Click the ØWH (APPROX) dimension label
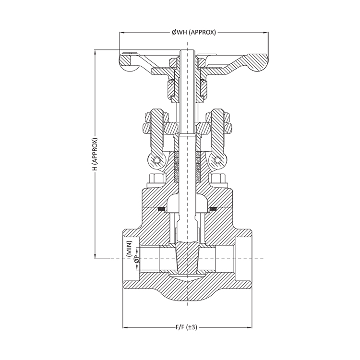pyautogui.click(x=194, y=32)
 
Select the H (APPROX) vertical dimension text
pyautogui.click(x=95, y=155)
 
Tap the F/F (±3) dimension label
pyautogui.click(x=186, y=328)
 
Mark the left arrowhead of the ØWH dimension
pyautogui.click(x=122, y=32)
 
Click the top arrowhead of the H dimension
pyautogui.click(x=95, y=50)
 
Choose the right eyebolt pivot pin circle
pyautogui.click(x=217, y=160)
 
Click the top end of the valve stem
pyautogui.click(x=186, y=50)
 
